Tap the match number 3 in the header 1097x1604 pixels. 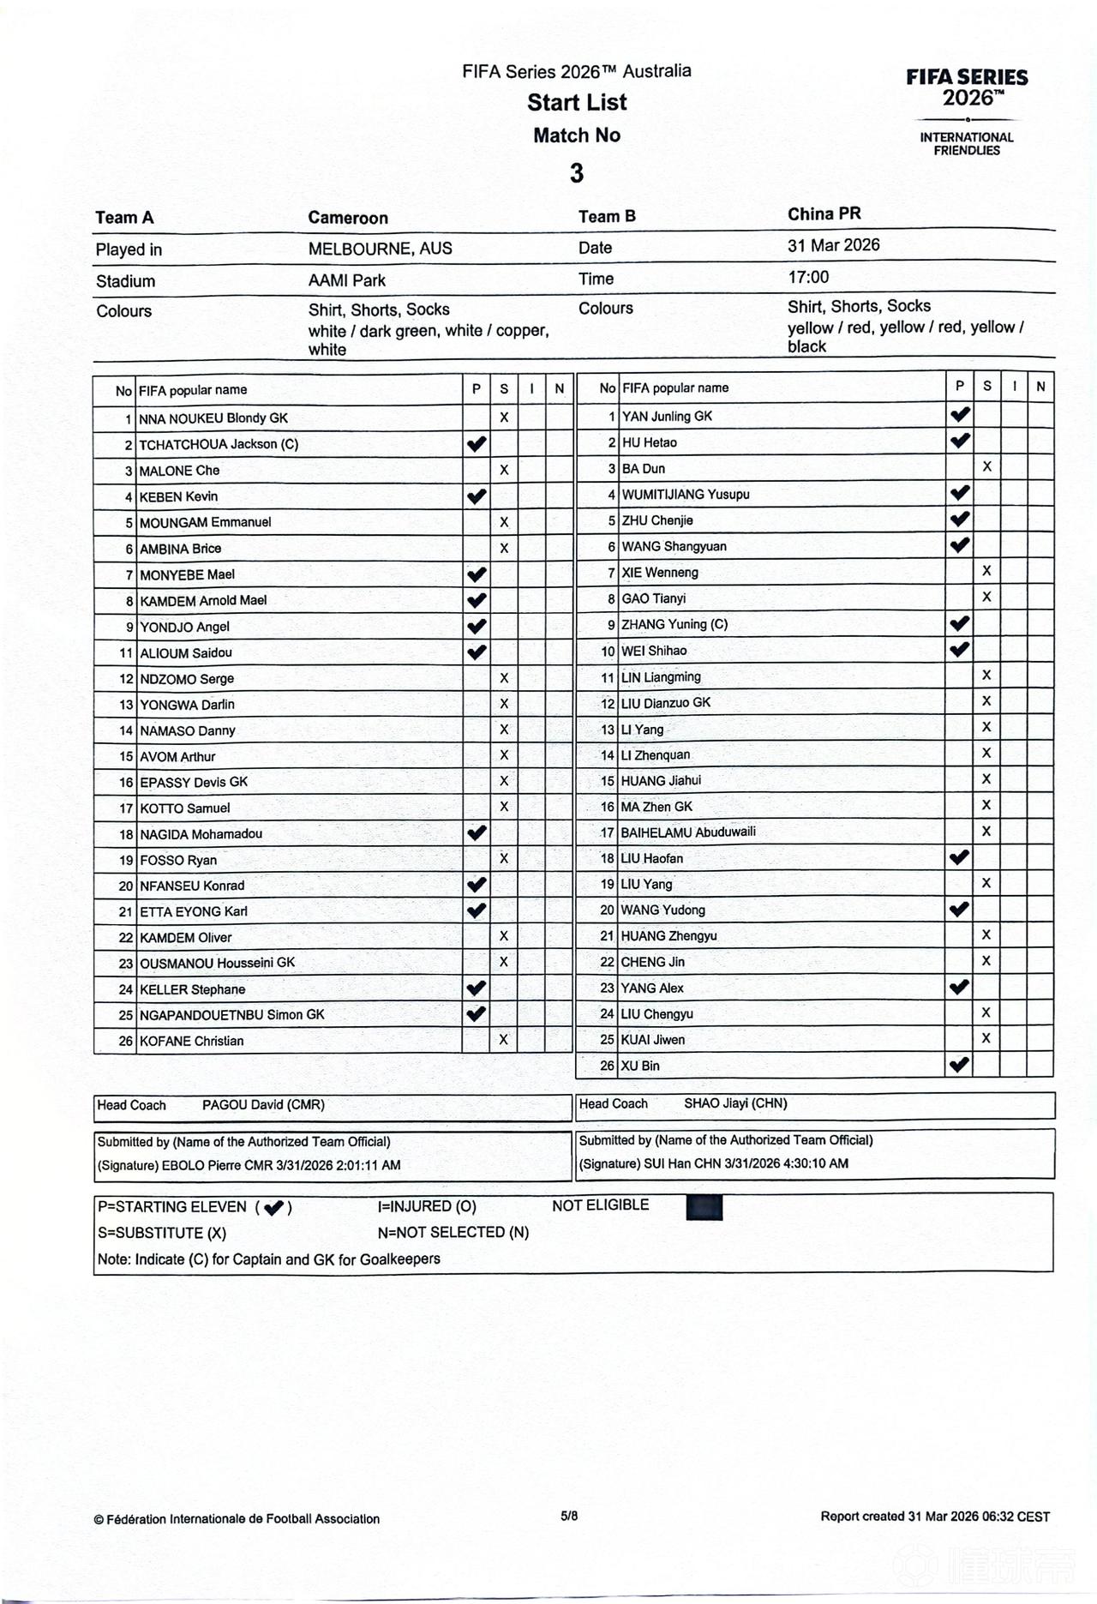577,173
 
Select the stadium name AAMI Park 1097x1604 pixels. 346,280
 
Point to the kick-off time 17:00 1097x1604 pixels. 808,277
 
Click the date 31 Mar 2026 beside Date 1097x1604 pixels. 833,245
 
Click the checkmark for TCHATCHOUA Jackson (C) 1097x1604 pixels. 477,444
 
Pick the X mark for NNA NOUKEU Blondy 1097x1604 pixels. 504,418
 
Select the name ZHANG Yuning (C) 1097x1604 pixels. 674,624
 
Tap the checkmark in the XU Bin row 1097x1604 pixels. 960,1065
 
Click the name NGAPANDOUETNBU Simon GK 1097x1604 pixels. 232,1015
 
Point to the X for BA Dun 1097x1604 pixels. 987,467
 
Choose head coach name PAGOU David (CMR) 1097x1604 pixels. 263,1105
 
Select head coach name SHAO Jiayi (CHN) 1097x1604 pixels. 735,1103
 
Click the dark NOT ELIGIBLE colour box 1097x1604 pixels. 704,1207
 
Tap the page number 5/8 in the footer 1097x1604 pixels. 569,1516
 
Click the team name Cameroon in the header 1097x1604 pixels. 348,218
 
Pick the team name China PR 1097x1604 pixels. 824,214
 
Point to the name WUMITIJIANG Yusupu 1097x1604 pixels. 686,495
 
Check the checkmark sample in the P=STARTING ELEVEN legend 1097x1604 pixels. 274,1208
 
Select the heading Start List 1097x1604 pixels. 577,102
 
